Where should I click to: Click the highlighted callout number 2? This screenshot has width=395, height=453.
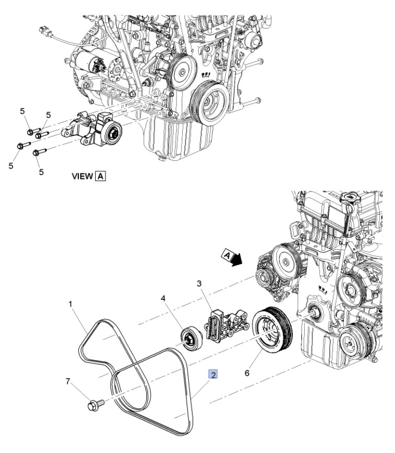[213, 375]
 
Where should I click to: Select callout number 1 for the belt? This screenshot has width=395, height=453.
[70, 304]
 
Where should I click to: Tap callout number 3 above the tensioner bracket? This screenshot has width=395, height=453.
[199, 284]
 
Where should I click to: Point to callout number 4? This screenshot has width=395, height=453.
[163, 298]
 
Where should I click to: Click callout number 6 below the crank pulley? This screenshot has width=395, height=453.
[247, 373]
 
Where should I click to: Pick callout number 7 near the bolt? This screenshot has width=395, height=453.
[68, 381]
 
